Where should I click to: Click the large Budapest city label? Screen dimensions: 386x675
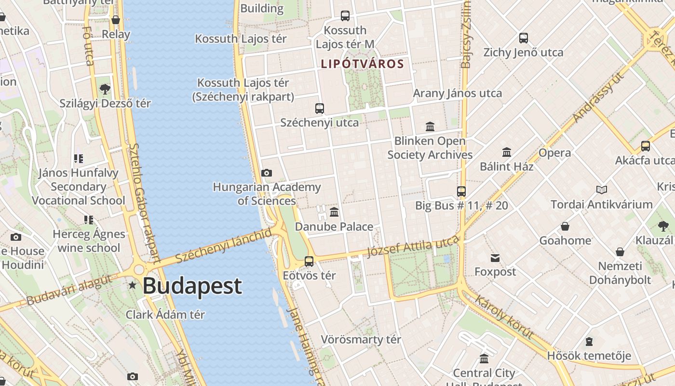click(192, 286)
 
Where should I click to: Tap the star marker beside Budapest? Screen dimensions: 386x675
click(132, 286)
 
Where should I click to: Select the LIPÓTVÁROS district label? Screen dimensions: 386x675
click(362, 64)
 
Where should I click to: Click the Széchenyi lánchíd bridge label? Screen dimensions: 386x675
click(224, 246)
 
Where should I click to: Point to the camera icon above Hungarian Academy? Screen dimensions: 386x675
click(266, 173)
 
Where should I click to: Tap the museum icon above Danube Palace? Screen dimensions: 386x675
click(334, 212)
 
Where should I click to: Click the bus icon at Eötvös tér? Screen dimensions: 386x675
click(309, 262)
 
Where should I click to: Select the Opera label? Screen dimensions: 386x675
click(554, 153)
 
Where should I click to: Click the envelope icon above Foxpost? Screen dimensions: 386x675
click(495, 258)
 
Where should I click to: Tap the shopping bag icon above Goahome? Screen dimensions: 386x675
click(565, 226)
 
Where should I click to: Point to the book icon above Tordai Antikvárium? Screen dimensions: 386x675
click(601, 190)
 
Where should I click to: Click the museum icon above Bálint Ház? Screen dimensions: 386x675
click(507, 152)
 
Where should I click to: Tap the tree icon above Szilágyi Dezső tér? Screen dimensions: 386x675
click(105, 89)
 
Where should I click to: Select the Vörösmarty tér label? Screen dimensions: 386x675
click(361, 339)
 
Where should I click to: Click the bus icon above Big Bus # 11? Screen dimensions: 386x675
click(461, 191)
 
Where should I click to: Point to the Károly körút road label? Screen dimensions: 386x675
click(504, 317)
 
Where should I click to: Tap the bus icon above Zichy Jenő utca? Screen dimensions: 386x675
click(524, 38)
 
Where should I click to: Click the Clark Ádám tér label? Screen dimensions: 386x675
click(165, 315)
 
